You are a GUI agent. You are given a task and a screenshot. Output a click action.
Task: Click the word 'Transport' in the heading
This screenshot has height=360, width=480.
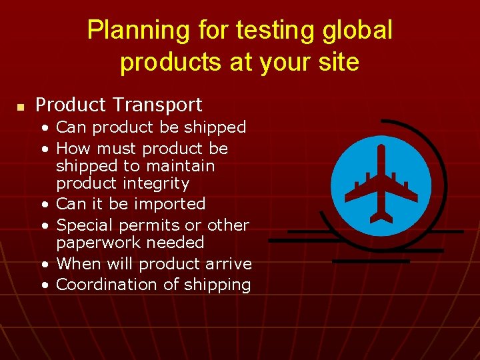coord(157,105)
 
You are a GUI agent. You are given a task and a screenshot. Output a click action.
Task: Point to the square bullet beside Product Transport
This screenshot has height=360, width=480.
coord(21,106)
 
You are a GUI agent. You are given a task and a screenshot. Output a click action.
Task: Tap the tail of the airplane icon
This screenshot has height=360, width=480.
coord(381,216)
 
